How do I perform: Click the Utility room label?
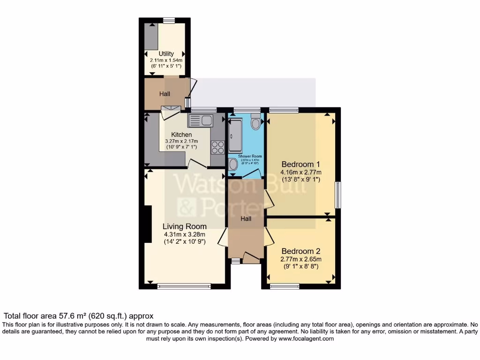(166, 54)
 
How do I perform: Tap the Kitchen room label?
(181, 135)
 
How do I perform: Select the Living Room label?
(184, 226)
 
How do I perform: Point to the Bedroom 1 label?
(300, 164)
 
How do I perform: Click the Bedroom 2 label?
(300, 251)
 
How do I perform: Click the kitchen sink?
(200, 120)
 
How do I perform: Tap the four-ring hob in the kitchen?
(217, 147)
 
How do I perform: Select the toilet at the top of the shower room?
(255, 123)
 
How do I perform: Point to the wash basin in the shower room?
(233, 164)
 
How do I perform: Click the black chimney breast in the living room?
(148, 224)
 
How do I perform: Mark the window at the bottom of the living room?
(184, 286)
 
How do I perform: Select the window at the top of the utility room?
(169, 20)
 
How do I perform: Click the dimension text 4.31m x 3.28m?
(184, 234)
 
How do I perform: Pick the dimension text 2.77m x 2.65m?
(300, 259)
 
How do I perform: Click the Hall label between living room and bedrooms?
(246, 218)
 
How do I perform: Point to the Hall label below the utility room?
(165, 94)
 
